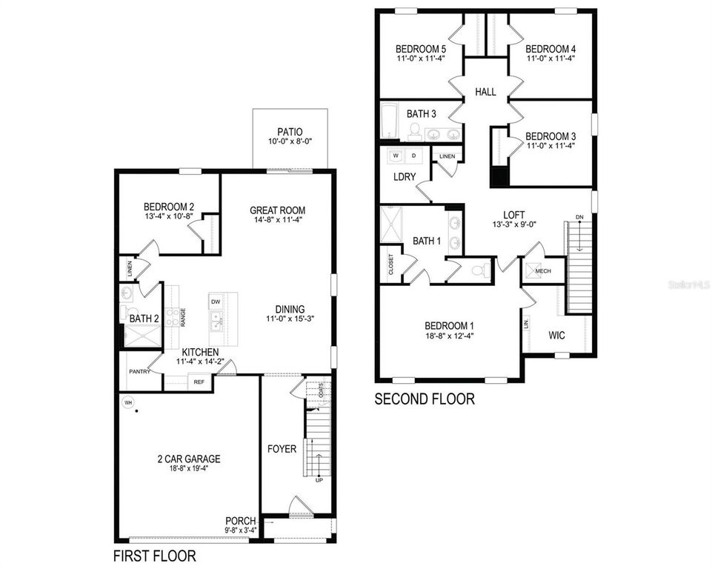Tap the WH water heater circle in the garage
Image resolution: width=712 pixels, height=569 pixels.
click(127, 402)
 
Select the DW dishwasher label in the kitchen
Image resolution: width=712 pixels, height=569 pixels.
click(215, 302)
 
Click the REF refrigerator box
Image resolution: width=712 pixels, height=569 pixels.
click(199, 382)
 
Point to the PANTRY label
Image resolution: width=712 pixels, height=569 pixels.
click(139, 371)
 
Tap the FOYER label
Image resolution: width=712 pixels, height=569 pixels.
click(282, 449)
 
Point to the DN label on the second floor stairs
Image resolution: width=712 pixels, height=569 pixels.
click(579, 217)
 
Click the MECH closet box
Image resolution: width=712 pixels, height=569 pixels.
click(543, 270)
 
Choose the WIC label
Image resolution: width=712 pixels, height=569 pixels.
click(557, 335)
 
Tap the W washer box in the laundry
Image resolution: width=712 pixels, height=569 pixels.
click(396, 156)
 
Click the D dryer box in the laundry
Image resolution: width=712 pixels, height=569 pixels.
click(415, 156)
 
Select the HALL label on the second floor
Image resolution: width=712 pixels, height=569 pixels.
click(486, 92)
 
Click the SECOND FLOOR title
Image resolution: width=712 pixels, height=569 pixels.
click(424, 399)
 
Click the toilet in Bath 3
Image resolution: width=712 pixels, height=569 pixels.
click(414, 131)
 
